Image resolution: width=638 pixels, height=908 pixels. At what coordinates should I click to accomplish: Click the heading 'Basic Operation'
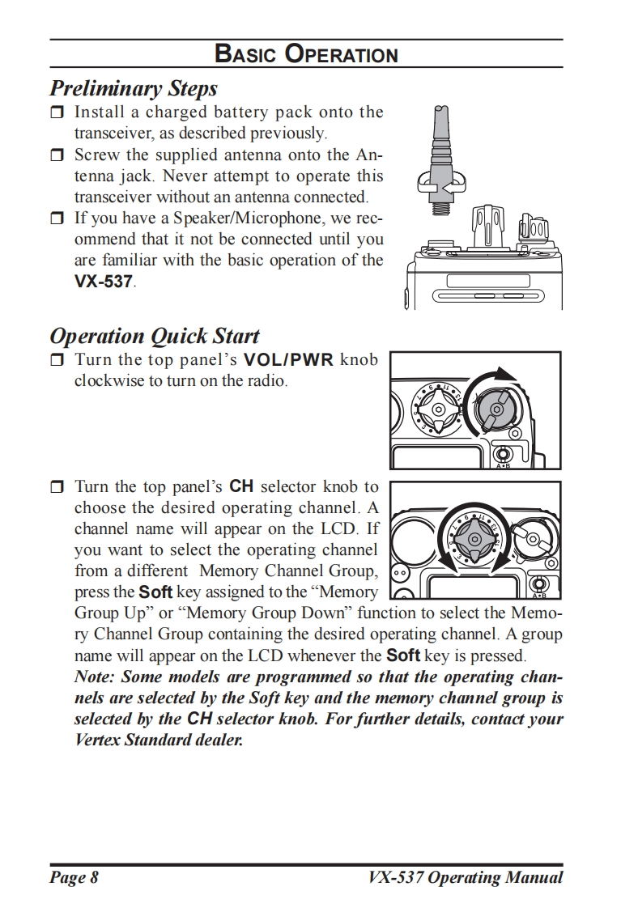(306, 54)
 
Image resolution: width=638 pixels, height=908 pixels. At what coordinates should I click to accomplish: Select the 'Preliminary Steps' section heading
(133, 87)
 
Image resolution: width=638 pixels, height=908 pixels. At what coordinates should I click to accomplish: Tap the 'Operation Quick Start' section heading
(155, 336)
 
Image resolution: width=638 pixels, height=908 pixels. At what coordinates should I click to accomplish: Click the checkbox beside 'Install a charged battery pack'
(57, 112)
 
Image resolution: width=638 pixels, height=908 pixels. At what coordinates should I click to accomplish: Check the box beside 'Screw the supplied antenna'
(57, 155)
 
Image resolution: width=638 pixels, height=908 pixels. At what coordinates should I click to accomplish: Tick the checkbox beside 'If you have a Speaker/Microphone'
(57, 218)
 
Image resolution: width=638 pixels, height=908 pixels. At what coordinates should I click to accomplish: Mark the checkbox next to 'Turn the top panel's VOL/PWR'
(57, 360)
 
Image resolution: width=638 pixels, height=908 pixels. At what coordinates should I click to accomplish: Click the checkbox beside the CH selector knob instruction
(57, 487)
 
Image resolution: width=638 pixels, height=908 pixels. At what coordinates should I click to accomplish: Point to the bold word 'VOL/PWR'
(288, 359)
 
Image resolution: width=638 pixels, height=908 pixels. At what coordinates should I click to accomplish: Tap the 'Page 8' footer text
(74, 877)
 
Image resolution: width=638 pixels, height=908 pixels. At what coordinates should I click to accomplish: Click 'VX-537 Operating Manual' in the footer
(465, 877)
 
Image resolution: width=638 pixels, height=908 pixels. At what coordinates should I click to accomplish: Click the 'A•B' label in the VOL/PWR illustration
(503, 465)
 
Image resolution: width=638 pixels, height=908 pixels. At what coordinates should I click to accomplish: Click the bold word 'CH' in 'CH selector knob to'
(242, 486)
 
